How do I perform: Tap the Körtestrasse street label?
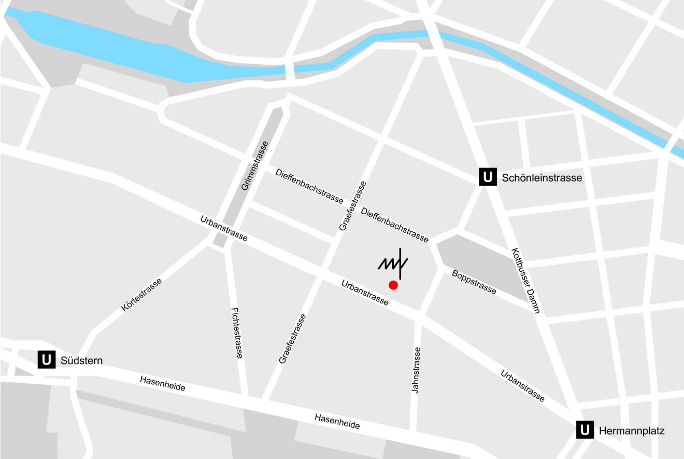pyautogui.click(x=141, y=295)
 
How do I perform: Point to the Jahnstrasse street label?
pyautogui.click(x=416, y=369)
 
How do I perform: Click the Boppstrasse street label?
pyautogui.click(x=474, y=282)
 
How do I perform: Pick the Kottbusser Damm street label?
pyautogui.click(x=525, y=281)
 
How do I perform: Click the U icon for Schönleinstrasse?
pyautogui.click(x=487, y=177)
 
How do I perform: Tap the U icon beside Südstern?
pyautogui.click(x=47, y=360)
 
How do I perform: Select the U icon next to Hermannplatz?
pyautogui.click(x=585, y=430)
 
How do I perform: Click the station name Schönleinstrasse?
pyautogui.click(x=541, y=178)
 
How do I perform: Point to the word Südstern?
pyautogui.click(x=81, y=360)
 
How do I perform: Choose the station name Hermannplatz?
pyautogui.click(x=631, y=430)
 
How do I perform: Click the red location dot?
pyautogui.click(x=393, y=285)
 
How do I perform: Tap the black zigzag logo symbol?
pyautogui.click(x=393, y=263)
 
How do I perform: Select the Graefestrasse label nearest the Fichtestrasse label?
pyautogui.click(x=292, y=338)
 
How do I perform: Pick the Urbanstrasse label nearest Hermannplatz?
pyautogui.click(x=522, y=385)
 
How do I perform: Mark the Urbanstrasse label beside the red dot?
pyautogui.click(x=365, y=293)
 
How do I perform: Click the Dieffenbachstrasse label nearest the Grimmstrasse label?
pyautogui.click(x=309, y=185)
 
